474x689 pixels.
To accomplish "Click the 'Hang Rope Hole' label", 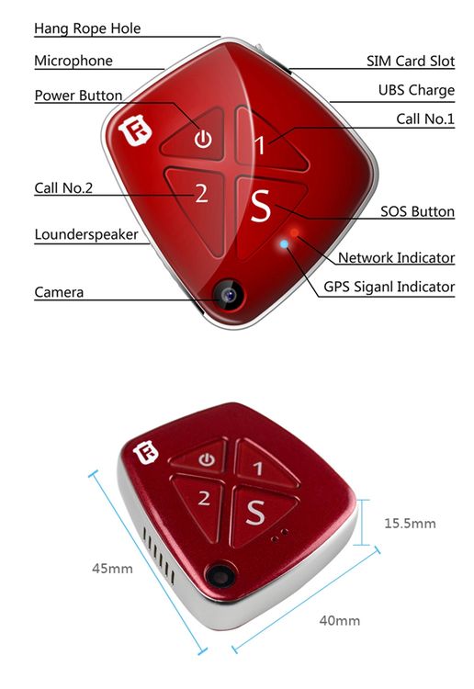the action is click(87, 28).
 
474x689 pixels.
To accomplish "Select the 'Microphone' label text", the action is click(73, 61).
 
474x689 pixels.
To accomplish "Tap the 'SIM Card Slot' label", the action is click(411, 61).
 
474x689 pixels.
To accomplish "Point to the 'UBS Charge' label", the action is click(416, 90).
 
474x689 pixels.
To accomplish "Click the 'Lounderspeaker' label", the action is click(86, 234).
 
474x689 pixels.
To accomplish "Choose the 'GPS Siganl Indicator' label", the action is click(389, 287).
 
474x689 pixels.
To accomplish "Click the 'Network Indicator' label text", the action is click(396, 257).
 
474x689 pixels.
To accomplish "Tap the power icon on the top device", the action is click(203, 139).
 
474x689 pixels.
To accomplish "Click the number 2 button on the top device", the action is click(201, 193).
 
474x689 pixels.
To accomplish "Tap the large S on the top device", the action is click(261, 206).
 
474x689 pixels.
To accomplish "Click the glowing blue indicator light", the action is click(284, 243).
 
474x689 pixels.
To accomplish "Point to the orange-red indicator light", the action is click(295, 232).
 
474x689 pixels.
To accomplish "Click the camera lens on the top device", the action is click(228, 294).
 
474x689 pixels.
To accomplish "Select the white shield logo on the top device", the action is click(135, 130).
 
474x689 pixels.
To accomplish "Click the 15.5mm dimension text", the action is click(410, 524).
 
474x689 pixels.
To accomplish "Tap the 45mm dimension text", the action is click(112, 569).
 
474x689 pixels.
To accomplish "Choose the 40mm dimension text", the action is click(340, 620).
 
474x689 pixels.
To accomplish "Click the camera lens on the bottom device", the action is click(220, 575).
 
